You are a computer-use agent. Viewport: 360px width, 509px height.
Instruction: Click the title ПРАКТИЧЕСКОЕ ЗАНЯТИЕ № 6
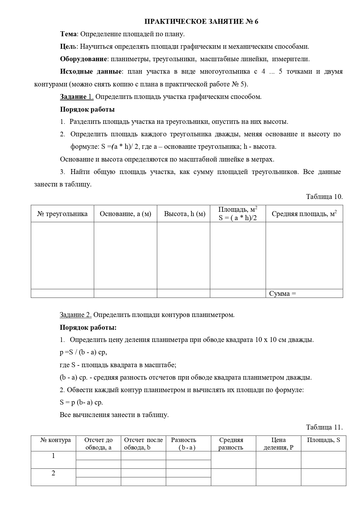point(201,22)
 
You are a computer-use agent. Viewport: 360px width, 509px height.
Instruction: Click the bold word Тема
point(69,34)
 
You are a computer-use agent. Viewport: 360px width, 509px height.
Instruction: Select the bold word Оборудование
point(83,59)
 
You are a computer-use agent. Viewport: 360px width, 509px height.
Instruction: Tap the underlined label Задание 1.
point(77,97)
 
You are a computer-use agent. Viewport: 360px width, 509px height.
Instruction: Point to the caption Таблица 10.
point(324,197)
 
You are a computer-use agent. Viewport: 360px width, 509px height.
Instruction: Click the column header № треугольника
point(62,214)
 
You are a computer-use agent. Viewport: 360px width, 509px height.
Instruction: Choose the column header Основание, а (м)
point(125,214)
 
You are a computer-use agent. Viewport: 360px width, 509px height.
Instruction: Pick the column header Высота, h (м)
point(184,214)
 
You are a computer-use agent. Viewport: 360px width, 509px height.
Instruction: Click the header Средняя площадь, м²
point(304,214)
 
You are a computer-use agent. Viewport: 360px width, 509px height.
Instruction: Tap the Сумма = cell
point(283,294)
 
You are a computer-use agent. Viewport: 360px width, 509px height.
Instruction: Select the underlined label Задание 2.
point(76,315)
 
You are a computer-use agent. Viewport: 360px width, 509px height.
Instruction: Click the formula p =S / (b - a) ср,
point(84,352)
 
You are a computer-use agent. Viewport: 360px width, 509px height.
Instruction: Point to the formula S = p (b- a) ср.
point(81,403)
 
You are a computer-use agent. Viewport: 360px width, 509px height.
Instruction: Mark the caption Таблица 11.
point(324,427)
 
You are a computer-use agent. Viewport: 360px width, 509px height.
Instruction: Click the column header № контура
point(55,440)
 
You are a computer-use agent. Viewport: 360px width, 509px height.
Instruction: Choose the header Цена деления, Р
point(278,444)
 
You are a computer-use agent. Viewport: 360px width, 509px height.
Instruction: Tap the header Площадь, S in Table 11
point(323,440)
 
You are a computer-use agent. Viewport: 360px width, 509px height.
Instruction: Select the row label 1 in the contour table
point(53,456)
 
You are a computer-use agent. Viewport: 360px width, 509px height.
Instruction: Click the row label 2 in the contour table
point(53,473)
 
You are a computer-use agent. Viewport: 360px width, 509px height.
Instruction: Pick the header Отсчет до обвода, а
point(98,444)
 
